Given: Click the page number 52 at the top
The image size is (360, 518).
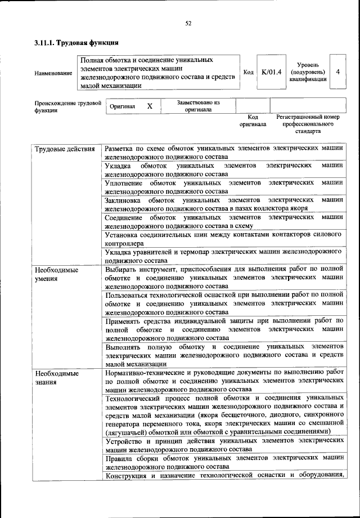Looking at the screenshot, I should [x=188, y=23].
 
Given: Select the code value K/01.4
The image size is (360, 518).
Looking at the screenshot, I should [x=271, y=72].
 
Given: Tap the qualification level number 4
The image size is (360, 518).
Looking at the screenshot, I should [x=337, y=72].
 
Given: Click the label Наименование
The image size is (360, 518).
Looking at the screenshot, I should [x=53, y=73].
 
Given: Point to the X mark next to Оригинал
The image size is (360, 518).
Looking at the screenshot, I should [x=149, y=106].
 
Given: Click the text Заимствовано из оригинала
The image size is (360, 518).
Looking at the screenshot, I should [x=198, y=106].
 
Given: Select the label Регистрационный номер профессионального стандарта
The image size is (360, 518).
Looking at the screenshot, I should [x=308, y=124].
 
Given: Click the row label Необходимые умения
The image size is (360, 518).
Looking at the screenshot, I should [x=56, y=274].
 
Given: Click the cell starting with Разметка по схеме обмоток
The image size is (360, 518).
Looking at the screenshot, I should [x=223, y=153].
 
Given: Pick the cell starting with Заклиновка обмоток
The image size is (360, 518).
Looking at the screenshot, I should [x=223, y=203].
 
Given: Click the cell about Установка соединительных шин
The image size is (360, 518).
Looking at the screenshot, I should [x=223, y=237].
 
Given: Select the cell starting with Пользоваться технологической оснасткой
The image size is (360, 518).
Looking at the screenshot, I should [x=223, y=303].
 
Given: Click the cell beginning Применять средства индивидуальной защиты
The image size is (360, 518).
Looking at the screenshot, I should [x=223, y=328].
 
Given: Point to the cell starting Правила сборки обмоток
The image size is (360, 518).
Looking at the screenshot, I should [x=223, y=462].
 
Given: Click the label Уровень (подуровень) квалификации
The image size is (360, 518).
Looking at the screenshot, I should [x=308, y=72].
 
